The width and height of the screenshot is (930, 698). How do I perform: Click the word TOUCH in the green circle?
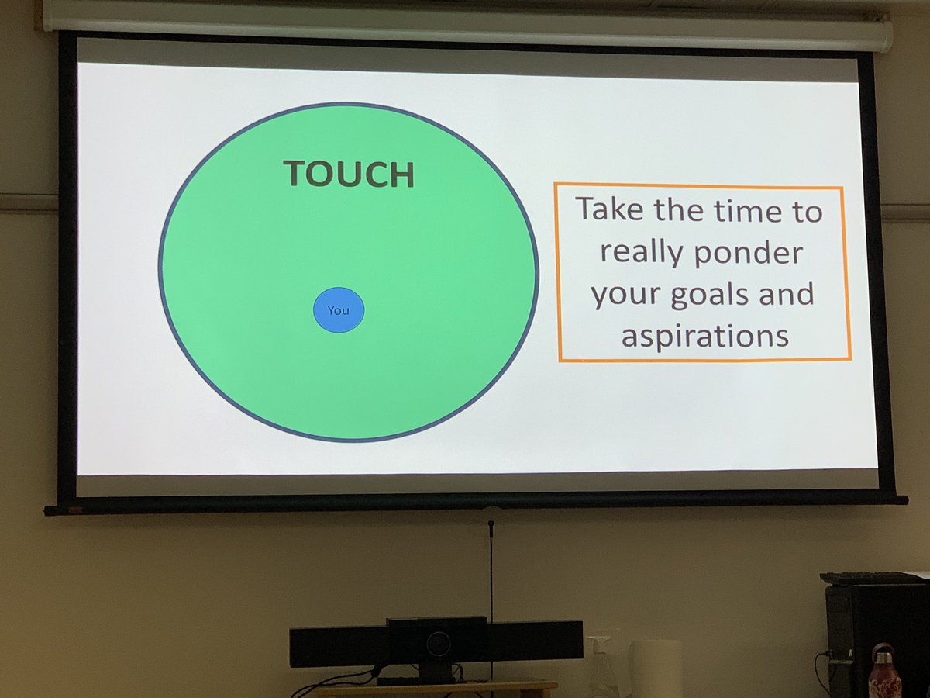(x=349, y=174)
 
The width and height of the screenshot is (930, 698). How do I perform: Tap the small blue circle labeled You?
(x=339, y=310)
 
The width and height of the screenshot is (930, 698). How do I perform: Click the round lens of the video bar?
(x=438, y=643)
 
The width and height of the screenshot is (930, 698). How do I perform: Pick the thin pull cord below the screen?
(x=491, y=574)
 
